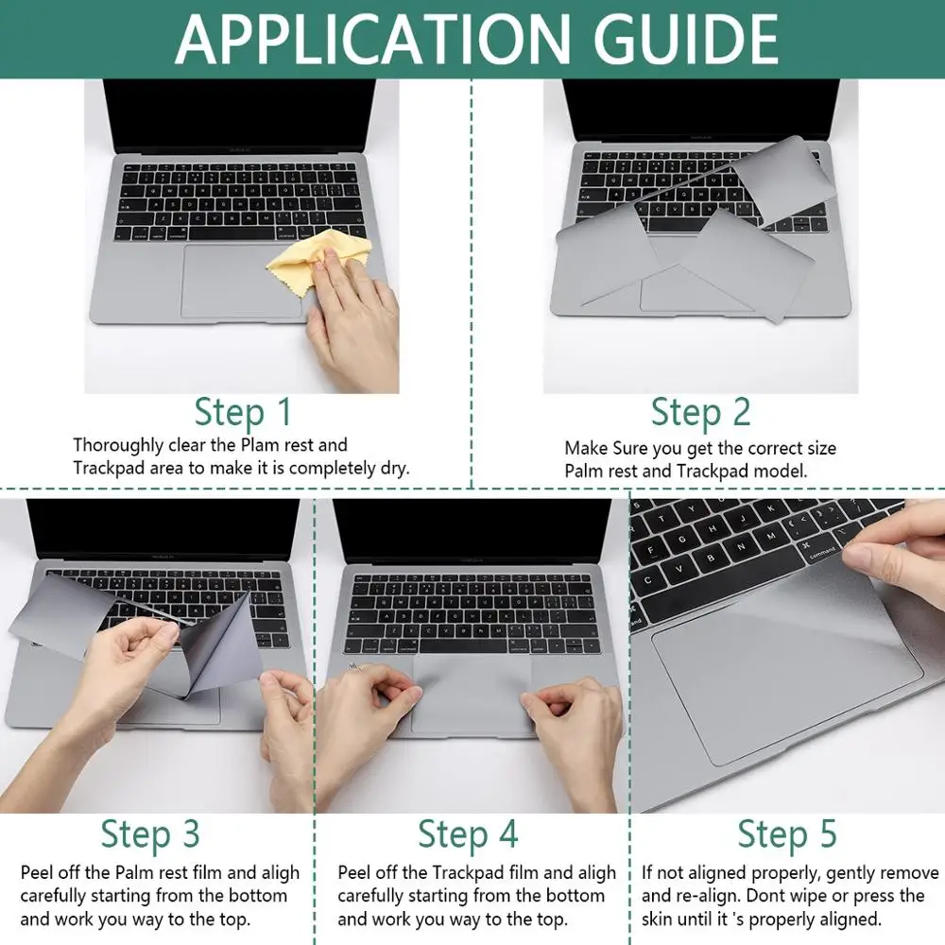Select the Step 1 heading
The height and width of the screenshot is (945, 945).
click(243, 413)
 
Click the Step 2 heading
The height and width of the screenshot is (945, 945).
click(700, 413)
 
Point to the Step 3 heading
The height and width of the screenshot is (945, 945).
click(150, 834)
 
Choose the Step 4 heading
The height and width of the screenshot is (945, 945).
click(468, 834)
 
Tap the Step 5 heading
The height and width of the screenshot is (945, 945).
click(787, 834)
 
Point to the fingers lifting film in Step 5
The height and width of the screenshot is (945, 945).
click(898, 548)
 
